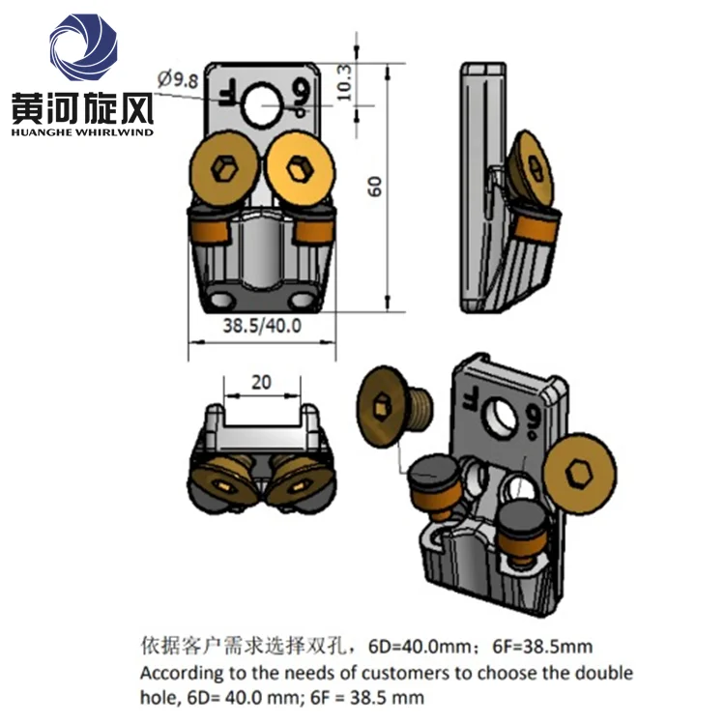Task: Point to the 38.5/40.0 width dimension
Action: [262, 326]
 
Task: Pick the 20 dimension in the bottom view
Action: [261, 382]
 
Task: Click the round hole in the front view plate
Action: [261, 104]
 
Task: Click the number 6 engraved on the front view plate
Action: [302, 96]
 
